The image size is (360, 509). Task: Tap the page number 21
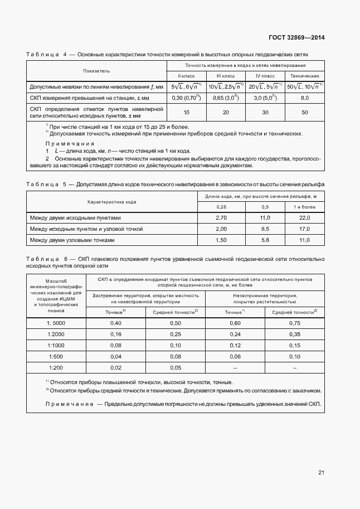[x=321, y=473]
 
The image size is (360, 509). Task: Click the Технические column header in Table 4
[x=304, y=76]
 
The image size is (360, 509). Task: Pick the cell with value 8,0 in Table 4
[x=304, y=98]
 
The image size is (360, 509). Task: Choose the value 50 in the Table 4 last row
[x=304, y=113]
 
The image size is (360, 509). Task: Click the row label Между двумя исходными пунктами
[x=75, y=218]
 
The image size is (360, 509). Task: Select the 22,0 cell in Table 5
[x=304, y=218]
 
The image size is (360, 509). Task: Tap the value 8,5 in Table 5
[x=265, y=229]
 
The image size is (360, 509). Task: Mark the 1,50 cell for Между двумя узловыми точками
[x=221, y=240]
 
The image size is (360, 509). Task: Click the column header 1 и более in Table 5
[x=304, y=207]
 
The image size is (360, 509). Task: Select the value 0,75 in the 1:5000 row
[x=295, y=323]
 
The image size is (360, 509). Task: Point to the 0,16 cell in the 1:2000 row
[x=116, y=335]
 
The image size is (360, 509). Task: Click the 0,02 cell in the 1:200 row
[x=116, y=368]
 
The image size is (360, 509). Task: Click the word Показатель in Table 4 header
[x=96, y=71]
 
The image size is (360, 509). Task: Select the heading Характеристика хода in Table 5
[x=111, y=202]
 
